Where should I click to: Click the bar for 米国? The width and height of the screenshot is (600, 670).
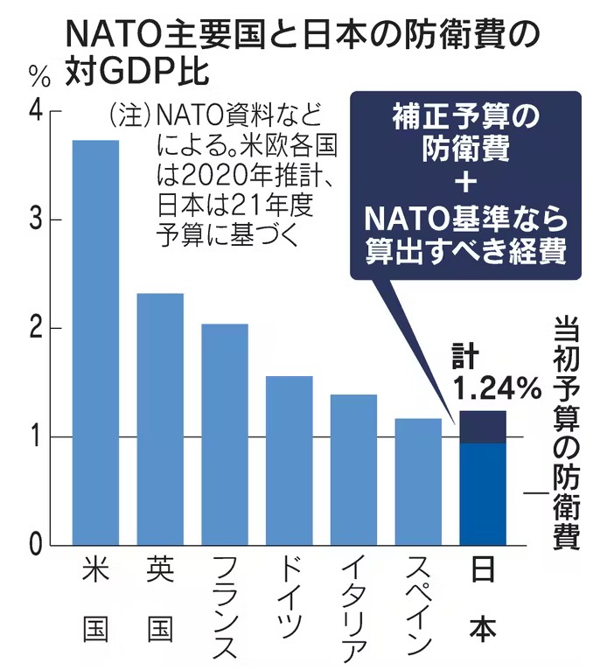95,342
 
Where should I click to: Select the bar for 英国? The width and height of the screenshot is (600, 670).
160,419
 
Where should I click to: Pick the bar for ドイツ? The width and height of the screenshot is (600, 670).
289,460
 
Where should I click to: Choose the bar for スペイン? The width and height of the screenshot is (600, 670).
418,482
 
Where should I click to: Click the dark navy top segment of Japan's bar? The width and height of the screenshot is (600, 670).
482,427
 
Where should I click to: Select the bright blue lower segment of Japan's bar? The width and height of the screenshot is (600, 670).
482,494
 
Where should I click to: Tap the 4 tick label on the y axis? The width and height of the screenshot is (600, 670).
34,111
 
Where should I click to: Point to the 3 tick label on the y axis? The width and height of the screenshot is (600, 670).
34,220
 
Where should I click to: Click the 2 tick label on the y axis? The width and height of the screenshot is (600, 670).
34,328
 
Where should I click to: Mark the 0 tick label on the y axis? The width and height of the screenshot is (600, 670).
34,545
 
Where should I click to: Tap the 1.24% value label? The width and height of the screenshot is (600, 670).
496,386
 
